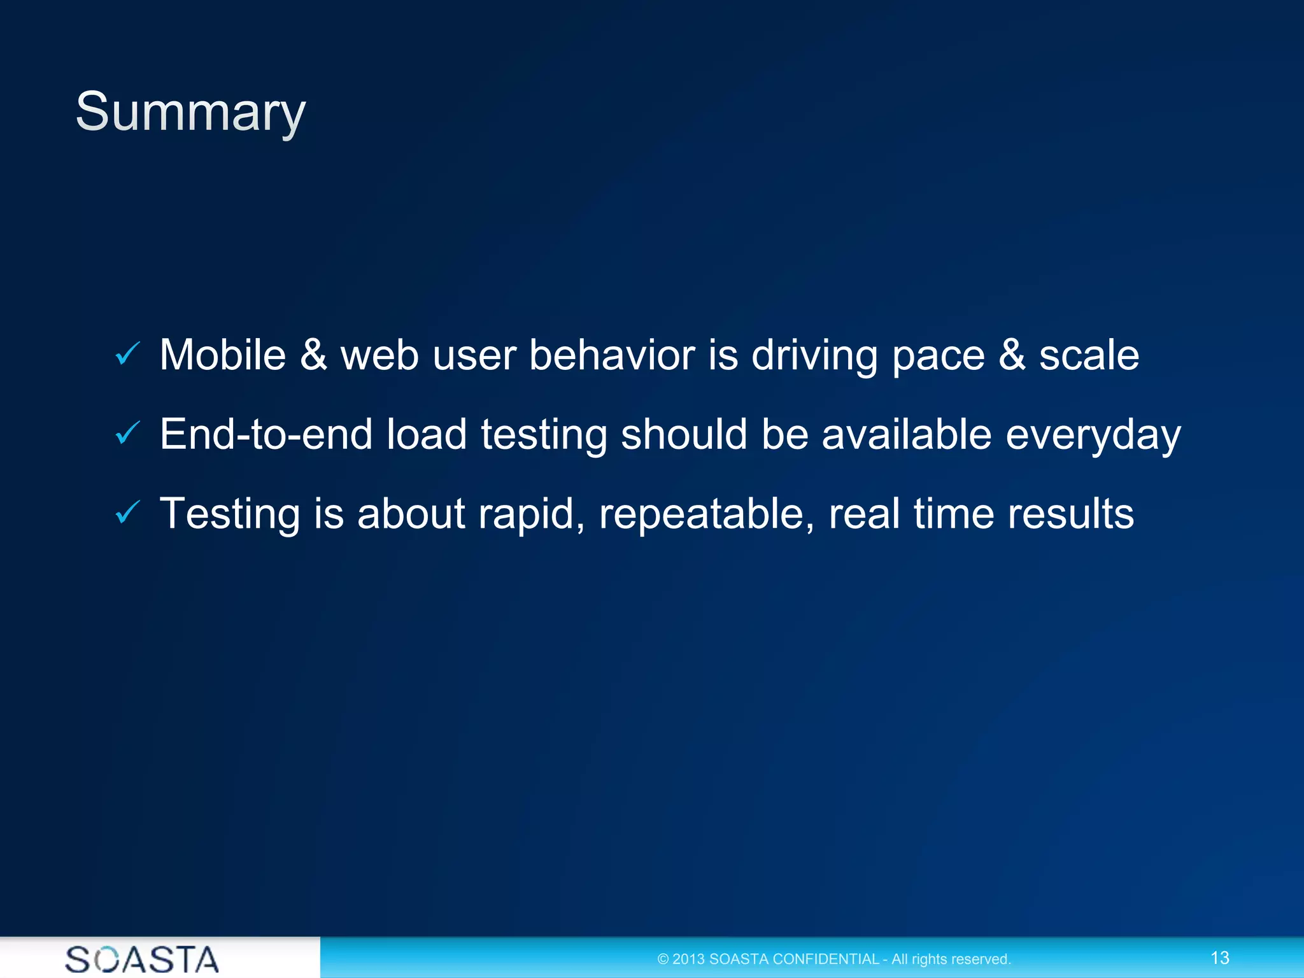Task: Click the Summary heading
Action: tap(190, 112)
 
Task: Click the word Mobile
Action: tap(223, 355)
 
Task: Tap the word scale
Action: tap(1089, 355)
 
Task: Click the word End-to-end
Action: tap(266, 434)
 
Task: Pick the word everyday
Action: tap(1093, 436)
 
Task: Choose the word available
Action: tap(906, 434)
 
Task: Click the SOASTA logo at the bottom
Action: tap(142, 959)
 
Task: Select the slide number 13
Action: tap(1219, 958)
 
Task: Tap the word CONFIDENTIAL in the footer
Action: tap(825, 959)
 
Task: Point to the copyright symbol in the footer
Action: tap(663, 960)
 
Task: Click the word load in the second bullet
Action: tap(427, 434)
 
